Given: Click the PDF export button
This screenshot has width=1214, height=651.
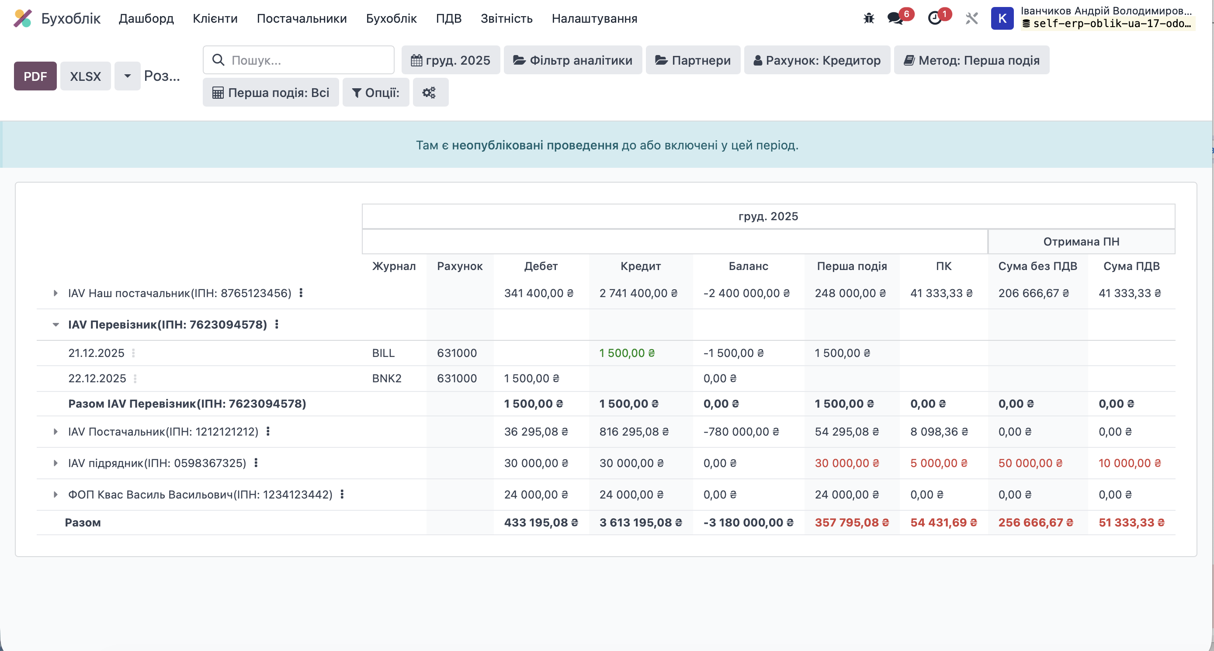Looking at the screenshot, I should (35, 76).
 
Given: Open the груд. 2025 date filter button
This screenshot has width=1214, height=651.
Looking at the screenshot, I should (451, 60).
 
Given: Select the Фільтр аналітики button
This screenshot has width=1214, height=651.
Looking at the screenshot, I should (572, 60).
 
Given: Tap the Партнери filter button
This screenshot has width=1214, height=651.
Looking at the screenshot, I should (693, 60).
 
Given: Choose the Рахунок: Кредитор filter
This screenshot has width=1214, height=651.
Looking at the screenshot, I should (817, 60).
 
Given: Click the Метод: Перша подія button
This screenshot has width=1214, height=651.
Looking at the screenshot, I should (971, 60).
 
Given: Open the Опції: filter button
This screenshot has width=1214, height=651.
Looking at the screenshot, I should (375, 92).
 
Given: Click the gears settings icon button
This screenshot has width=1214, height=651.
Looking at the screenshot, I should (430, 92).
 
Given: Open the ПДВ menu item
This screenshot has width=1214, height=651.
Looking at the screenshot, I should (448, 18).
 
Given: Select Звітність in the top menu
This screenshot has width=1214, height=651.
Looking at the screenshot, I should (506, 18).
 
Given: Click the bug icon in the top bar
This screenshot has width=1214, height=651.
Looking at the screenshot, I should (869, 18).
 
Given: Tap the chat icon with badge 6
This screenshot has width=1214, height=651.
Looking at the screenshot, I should (895, 18).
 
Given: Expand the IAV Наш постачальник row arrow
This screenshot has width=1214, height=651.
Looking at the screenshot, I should (55, 293).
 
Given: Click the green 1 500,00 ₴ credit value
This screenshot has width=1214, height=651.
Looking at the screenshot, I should (626, 353).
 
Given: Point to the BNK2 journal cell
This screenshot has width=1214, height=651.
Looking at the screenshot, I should (386, 378).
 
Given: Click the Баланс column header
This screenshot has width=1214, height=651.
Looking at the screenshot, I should (748, 266).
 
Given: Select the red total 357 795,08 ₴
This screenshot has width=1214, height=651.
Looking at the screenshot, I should (851, 523).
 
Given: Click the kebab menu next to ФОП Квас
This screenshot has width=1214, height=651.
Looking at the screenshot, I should (342, 494).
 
